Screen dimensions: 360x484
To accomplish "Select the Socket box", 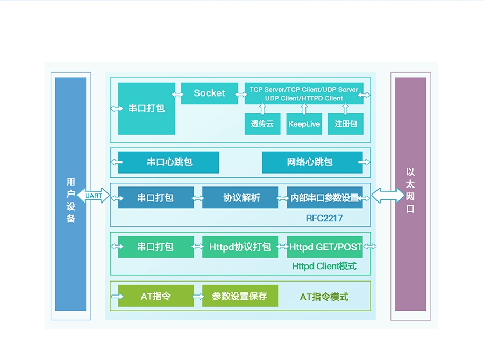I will coord(209,93).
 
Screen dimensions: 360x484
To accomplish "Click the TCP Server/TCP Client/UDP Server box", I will coord(304,93).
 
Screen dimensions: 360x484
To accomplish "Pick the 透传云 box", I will coord(262,124).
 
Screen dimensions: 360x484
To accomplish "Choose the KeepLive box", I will coord(304,124).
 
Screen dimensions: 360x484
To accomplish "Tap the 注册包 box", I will coord(345,124).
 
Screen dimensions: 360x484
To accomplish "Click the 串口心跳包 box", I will coord(169,162).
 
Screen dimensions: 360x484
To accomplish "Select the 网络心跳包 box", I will coord(312,162).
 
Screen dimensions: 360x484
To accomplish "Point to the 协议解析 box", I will coord(240,198).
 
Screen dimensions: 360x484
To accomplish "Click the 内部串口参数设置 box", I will coord(324,198).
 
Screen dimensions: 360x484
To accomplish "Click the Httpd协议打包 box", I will coord(240,247).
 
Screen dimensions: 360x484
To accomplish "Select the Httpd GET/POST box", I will coord(324,247).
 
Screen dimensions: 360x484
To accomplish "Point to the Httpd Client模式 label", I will coord(324,266).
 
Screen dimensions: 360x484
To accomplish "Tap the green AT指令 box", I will coord(156,296).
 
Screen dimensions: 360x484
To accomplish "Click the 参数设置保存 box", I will coord(240,296).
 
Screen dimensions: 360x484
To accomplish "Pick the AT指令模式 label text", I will coord(324,297).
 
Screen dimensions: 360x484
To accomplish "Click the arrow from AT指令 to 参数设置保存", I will coord(198,296).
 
